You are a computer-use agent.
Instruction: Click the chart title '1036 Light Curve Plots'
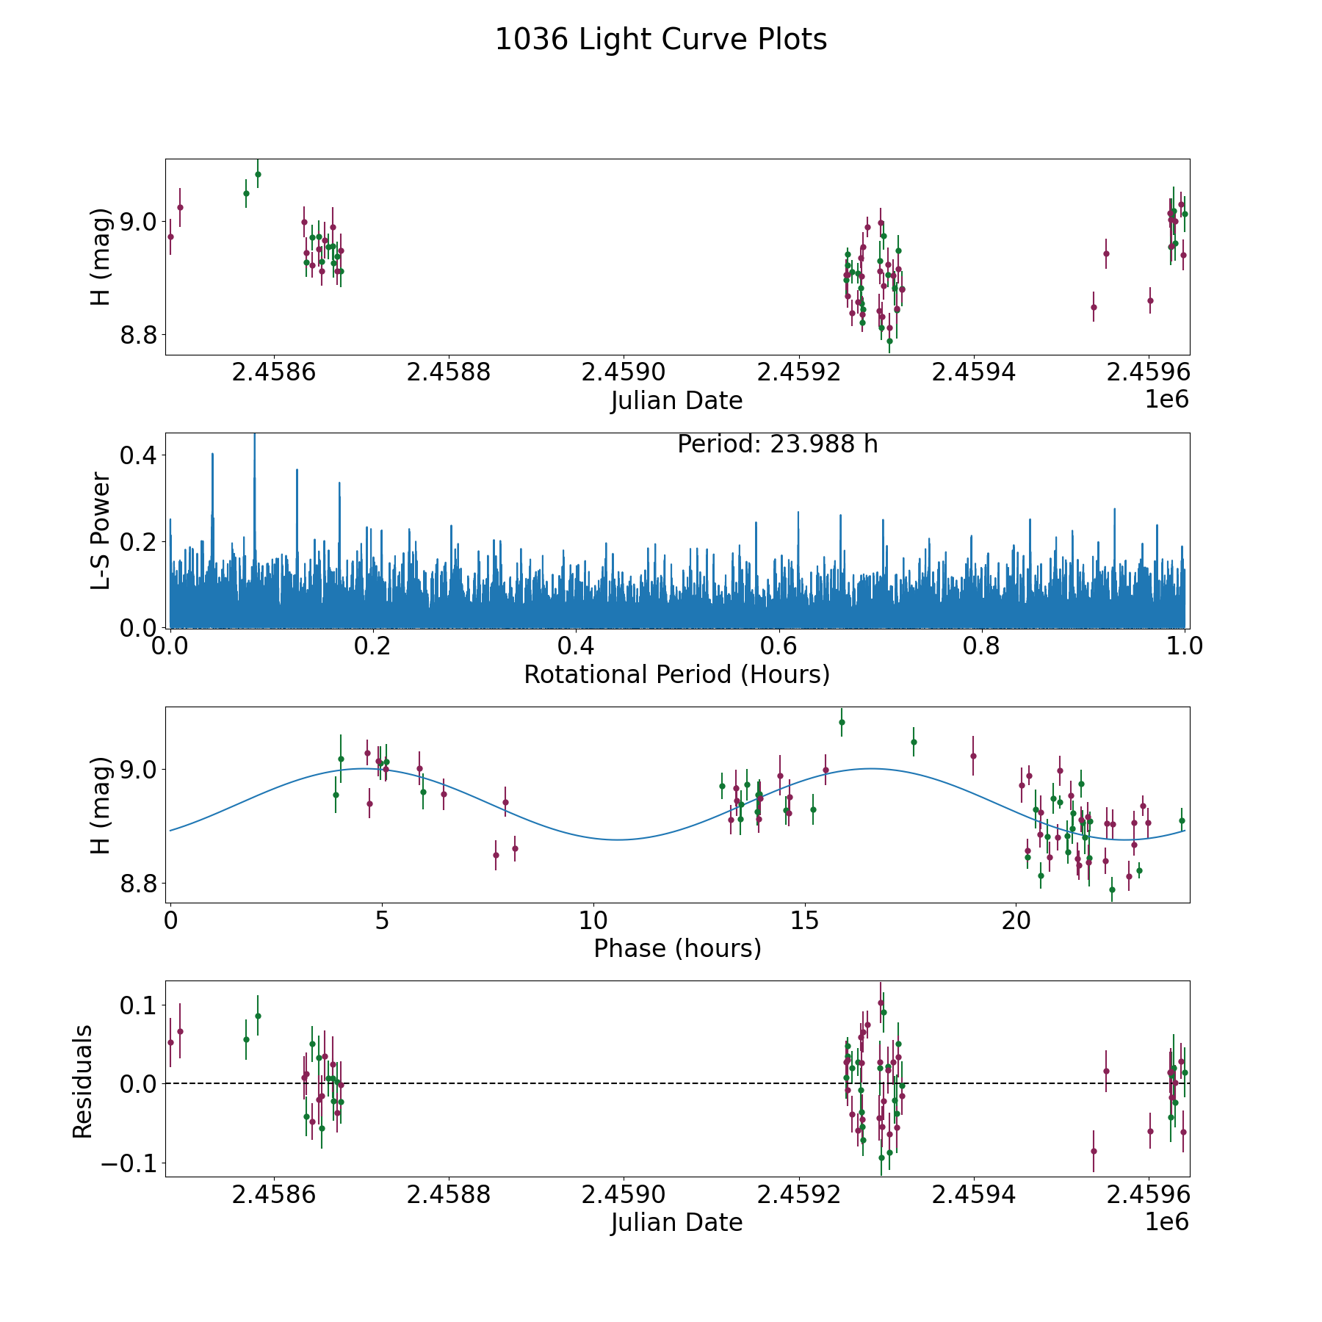661,40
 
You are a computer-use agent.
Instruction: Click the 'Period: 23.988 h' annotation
777,444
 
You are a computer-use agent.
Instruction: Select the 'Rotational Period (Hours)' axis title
676,674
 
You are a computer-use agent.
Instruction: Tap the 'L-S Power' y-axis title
101,530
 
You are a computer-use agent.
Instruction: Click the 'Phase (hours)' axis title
676,949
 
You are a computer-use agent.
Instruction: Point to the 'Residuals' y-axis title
82,1081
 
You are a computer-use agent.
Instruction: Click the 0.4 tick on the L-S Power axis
137,455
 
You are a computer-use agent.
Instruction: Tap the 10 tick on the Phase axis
593,921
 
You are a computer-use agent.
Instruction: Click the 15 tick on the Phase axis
805,921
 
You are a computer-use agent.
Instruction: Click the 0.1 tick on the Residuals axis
137,1005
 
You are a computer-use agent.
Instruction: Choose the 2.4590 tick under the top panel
624,372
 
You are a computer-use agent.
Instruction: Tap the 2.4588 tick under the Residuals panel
448,1195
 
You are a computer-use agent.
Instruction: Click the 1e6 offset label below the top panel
1166,400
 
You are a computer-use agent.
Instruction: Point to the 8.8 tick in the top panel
137,335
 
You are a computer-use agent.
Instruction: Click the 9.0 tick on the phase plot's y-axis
137,770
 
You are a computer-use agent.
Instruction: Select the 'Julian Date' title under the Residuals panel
676,1223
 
